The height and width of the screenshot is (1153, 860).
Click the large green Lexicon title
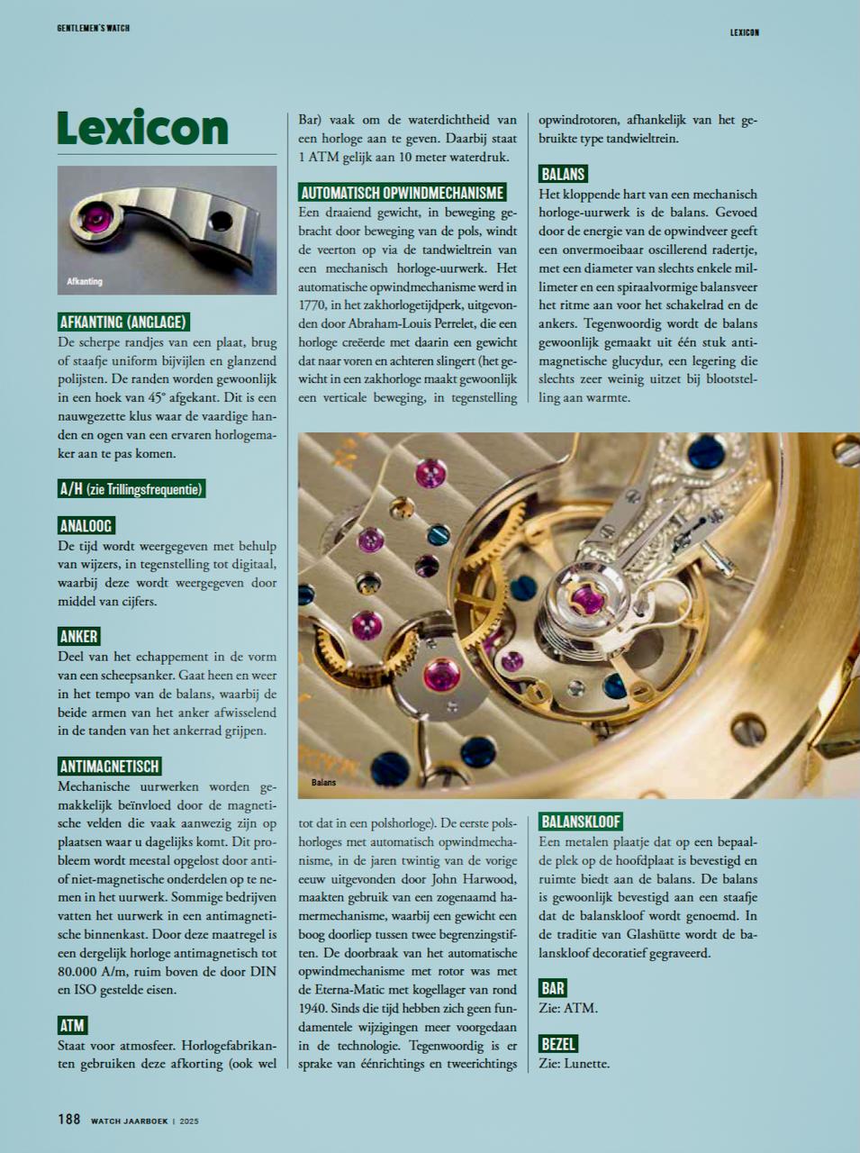pyautogui.click(x=142, y=128)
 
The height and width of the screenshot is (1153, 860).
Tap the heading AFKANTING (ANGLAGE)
pyautogui.click(x=122, y=322)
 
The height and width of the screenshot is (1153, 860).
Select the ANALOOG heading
pyautogui.click(x=86, y=525)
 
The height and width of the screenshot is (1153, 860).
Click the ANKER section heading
pyautogui.click(x=78, y=636)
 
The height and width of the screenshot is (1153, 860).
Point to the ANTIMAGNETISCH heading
pyautogui.click(x=109, y=767)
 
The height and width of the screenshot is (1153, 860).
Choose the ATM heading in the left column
pyautogui.click(x=72, y=1025)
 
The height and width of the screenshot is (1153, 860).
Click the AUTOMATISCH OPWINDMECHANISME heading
pyautogui.click(x=402, y=193)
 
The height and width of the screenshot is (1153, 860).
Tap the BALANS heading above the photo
pyautogui.click(x=563, y=174)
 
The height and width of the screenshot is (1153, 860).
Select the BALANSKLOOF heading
pyautogui.click(x=581, y=822)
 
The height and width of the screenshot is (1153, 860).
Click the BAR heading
pyautogui.click(x=553, y=988)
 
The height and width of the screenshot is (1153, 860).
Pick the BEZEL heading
pyautogui.click(x=558, y=1044)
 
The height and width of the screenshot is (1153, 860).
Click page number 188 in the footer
pyautogui.click(x=69, y=1120)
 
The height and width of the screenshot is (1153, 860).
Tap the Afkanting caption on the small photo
pyautogui.click(x=85, y=282)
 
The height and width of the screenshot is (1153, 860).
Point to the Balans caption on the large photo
pyautogui.click(x=324, y=783)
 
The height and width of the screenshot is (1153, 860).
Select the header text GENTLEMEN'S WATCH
pyautogui.click(x=93, y=28)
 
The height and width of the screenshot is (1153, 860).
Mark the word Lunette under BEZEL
pyautogui.click(x=585, y=1064)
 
